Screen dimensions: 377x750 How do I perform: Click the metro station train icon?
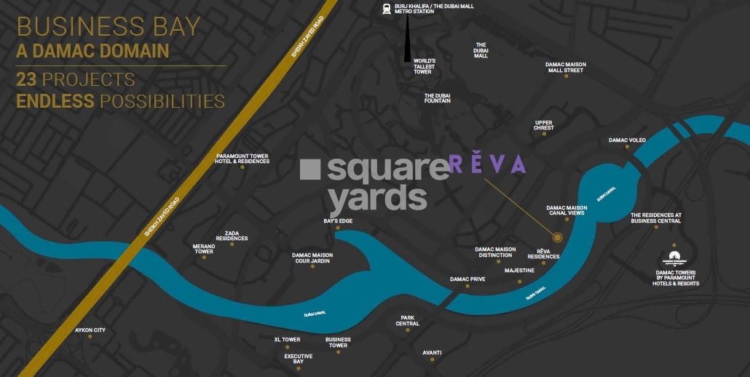click(384, 9)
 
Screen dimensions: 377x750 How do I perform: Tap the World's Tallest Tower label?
click(425, 66)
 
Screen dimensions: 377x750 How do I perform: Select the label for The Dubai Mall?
click(481, 50)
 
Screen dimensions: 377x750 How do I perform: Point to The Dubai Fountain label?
click(438, 98)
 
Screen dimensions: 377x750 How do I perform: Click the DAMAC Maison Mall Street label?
click(566, 68)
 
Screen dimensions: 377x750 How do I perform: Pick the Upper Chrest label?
click(543, 125)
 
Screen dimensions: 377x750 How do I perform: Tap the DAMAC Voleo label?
click(628, 140)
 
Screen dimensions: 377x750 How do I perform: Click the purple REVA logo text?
click(487, 165)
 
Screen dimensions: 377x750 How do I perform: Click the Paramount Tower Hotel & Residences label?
click(242, 159)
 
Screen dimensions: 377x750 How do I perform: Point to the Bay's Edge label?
click(338, 221)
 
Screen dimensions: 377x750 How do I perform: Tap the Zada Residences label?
click(232, 236)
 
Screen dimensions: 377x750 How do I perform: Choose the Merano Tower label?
click(204, 249)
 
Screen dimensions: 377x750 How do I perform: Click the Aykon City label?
click(90, 330)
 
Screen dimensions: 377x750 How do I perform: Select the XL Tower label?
click(287, 340)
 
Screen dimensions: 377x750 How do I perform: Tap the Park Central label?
click(408, 320)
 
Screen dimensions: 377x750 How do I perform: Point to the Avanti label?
click(432, 352)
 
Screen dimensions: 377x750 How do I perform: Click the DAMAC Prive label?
click(467, 279)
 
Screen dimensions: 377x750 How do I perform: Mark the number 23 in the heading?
click(27, 79)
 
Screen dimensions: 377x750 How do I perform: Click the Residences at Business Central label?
click(656, 218)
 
